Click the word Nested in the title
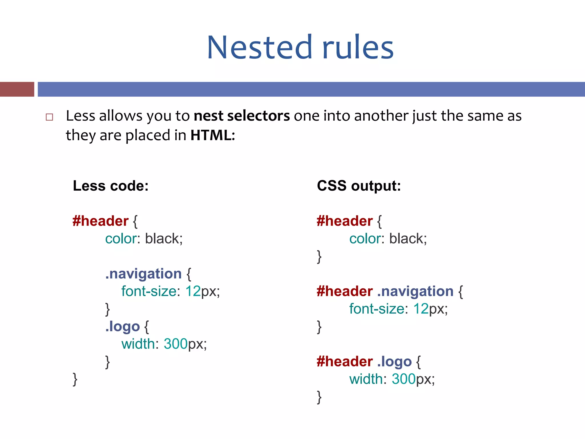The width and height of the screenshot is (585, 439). tap(259, 47)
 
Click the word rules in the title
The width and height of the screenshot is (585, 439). tap(358, 47)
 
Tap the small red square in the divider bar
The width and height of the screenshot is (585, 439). tap(17, 89)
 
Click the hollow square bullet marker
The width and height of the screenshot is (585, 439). tap(49, 117)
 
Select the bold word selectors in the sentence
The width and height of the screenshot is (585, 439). tap(258, 116)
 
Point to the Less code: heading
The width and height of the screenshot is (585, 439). tap(111, 186)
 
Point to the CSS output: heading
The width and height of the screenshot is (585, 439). tap(359, 186)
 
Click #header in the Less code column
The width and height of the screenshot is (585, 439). tap(101, 221)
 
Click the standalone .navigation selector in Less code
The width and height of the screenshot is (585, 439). tap(143, 274)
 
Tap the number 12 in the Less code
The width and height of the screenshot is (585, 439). tap(193, 292)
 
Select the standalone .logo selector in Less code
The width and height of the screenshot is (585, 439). tap(123, 326)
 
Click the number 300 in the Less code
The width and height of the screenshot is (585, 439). tap(175, 344)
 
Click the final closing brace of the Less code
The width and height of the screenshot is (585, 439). tap(75, 380)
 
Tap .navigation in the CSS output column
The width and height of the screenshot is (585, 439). tap(415, 292)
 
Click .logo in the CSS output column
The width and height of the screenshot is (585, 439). tap(394, 362)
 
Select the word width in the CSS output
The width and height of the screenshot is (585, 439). tap(366, 379)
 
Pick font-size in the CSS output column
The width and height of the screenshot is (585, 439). tap(377, 309)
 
